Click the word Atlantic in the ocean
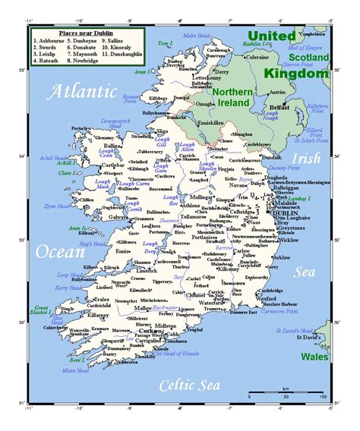(x=83, y=93)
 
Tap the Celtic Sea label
(x=196, y=385)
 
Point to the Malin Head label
(x=197, y=35)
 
